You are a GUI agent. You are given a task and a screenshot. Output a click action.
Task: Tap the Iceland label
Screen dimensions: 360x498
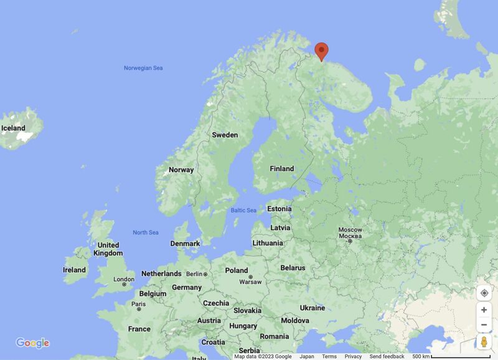coord(13,128)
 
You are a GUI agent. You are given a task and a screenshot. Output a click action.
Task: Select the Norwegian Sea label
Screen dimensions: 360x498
coord(143,68)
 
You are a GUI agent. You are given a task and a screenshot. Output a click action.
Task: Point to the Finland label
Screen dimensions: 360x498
coord(281,169)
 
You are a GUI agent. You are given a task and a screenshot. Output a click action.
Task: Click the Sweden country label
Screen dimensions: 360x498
coord(225,135)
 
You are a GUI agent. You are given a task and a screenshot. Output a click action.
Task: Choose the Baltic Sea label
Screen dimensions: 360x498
coord(243,211)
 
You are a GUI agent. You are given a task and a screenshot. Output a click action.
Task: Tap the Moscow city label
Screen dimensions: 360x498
coord(350,230)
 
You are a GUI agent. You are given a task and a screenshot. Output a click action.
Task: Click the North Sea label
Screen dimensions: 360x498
coord(146,232)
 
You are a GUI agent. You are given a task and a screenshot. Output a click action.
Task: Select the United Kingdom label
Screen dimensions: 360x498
coord(108,249)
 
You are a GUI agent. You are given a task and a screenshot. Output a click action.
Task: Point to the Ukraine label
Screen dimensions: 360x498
coord(312,308)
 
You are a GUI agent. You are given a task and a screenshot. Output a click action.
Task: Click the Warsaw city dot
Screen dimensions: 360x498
coord(250,277)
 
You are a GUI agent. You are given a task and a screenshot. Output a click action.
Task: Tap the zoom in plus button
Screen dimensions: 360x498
coord(484,310)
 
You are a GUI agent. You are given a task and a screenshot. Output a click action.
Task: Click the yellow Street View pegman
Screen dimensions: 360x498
coord(484,342)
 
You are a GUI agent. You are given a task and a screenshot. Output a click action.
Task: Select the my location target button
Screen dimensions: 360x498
coord(484,293)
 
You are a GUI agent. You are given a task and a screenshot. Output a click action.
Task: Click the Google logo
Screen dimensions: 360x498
coord(32,343)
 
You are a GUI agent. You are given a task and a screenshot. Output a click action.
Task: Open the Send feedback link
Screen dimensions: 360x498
coord(387,357)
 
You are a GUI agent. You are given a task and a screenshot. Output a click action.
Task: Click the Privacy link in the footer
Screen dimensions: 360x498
coord(353,357)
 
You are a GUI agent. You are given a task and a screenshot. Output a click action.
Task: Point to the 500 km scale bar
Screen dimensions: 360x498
coord(457,357)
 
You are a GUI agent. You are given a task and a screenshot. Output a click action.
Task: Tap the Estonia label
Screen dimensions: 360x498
coord(279,209)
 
